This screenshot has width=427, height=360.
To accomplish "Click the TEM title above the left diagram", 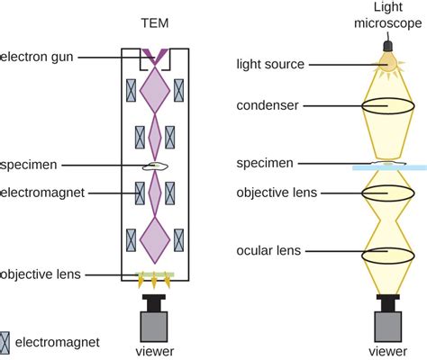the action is point(155,23).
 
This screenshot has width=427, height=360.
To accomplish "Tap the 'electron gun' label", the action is point(37,57).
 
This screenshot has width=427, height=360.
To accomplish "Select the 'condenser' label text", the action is point(268,105).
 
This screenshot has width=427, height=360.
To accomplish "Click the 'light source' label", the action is point(270,64).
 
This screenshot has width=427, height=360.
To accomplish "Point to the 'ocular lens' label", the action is point(268,250).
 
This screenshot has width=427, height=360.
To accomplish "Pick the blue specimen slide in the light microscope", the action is point(389,167).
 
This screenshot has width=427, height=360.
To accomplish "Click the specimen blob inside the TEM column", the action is point(155,166).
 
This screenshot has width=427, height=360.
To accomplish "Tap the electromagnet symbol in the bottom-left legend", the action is point(5,343).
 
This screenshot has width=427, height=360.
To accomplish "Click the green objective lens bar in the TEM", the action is point(154,274).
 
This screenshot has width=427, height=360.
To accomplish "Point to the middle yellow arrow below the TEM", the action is point(154,281).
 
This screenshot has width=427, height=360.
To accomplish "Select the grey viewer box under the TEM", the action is point(154,327).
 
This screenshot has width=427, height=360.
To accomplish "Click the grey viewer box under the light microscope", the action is point(388,327).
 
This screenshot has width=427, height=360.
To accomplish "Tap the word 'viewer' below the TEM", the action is point(155,351).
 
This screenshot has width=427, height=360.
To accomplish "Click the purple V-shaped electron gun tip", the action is point(155,57).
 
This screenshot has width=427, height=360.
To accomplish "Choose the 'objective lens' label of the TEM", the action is point(41,274).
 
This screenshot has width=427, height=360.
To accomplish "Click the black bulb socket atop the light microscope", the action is point(388,47).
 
